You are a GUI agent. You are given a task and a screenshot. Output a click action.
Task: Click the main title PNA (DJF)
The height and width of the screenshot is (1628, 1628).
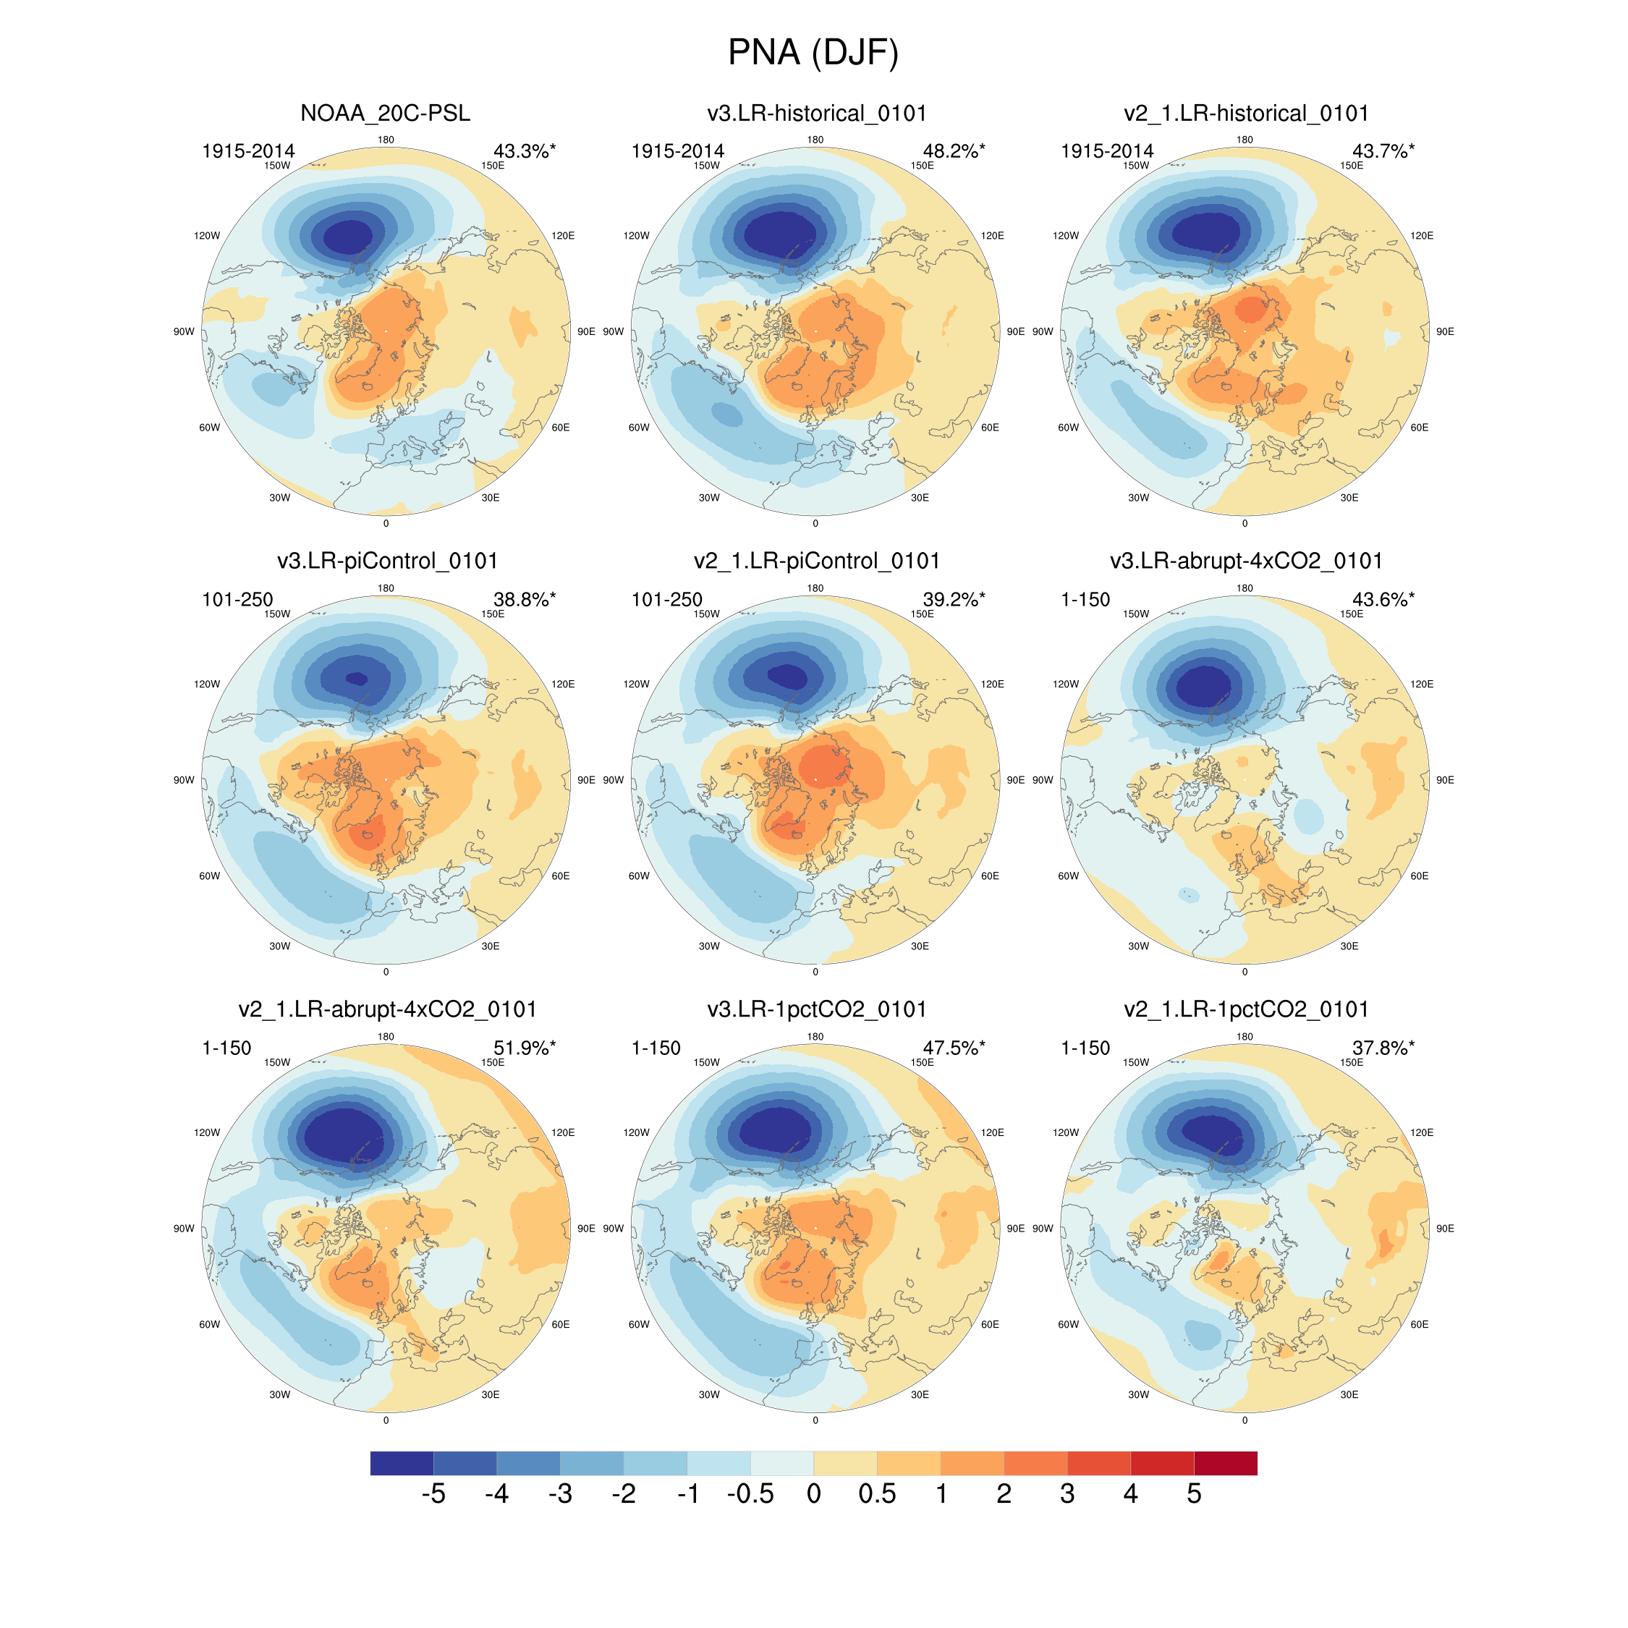(813, 52)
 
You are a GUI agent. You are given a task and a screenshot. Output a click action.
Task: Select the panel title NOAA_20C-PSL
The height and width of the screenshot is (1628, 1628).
(385, 113)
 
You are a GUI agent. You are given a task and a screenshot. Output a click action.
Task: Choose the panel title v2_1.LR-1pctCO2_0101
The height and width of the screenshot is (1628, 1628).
(1245, 1009)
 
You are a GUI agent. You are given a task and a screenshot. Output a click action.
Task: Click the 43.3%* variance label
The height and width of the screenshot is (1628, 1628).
(524, 150)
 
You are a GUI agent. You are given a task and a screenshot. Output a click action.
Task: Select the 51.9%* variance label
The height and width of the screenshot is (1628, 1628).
(524, 1048)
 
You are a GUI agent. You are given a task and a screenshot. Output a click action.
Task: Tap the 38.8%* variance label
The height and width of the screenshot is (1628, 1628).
(524, 599)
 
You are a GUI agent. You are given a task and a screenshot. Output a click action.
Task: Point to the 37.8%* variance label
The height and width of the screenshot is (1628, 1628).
(1383, 1048)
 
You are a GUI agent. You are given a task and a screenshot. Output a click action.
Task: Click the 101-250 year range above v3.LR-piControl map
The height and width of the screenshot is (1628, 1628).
(237, 599)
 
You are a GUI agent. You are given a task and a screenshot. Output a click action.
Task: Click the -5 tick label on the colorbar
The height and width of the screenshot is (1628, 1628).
(433, 1494)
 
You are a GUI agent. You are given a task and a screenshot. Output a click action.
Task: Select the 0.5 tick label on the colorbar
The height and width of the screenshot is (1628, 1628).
(876, 1494)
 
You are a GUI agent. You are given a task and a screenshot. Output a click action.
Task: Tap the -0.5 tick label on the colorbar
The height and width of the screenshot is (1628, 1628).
(750, 1494)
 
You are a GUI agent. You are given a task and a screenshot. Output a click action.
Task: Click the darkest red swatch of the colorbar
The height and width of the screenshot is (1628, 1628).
(1225, 1463)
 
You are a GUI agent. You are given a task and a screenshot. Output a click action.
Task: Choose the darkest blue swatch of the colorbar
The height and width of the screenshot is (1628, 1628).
(402, 1463)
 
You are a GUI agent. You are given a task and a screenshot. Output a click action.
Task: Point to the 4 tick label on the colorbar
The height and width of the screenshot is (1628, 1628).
(1130, 1494)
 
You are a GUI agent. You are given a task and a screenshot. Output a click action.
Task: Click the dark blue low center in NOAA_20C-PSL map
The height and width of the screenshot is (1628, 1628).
(348, 237)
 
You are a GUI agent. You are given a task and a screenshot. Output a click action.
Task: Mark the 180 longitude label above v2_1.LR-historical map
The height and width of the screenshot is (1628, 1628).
(1245, 140)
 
